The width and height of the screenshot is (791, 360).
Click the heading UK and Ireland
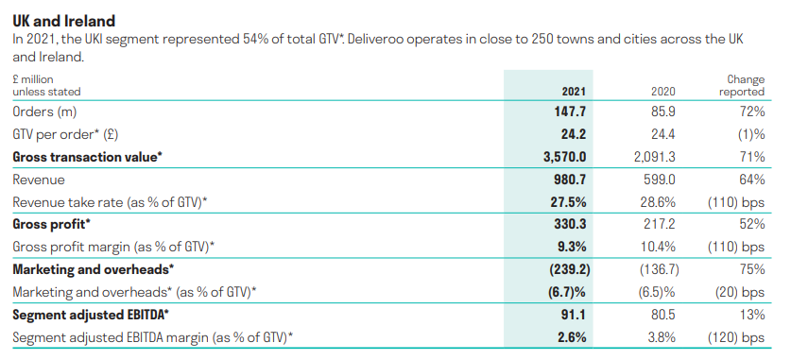coord(64,17)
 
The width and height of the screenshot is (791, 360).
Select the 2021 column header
coord(574,92)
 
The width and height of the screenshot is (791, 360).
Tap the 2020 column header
coord(663,92)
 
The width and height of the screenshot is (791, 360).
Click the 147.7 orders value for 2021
coord(570,111)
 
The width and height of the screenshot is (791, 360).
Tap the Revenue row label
coord(37,180)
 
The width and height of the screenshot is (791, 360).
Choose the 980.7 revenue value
coord(569,180)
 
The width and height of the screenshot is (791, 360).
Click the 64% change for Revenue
coord(750,180)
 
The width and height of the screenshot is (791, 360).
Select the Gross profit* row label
coord(51,225)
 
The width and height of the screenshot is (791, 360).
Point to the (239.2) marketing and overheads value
coord(564,270)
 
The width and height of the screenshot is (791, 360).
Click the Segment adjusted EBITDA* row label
coord(90,315)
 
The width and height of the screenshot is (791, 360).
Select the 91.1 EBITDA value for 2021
coord(573,315)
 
